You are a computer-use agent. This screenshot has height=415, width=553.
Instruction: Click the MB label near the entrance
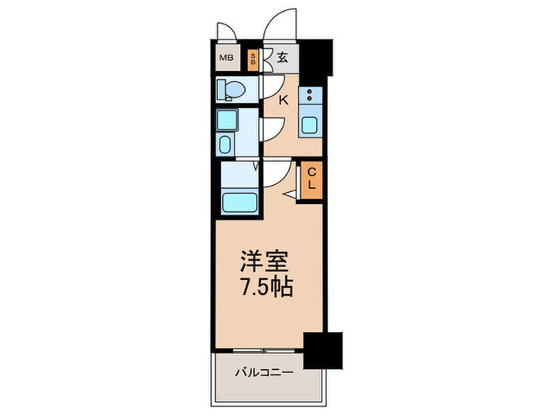(226, 57)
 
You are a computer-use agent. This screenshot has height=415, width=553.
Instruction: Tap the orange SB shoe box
(253, 59)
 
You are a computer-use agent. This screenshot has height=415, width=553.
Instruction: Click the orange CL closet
(311, 179)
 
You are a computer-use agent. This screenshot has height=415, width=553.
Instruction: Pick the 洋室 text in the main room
(265, 261)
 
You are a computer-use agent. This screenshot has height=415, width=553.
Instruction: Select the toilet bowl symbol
(230, 89)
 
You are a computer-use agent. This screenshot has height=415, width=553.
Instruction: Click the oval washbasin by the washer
(225, 145)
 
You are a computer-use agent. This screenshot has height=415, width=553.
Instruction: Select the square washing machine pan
(227, 121)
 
